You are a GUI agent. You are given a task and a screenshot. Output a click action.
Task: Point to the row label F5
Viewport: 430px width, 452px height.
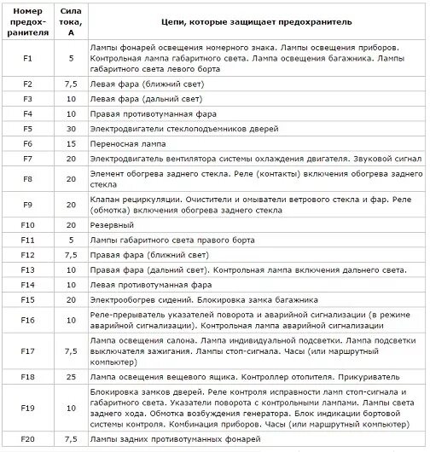27,129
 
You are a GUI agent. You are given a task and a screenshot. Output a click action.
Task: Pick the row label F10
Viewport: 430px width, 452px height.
27,225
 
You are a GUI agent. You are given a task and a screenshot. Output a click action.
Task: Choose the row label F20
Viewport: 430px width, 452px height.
27,439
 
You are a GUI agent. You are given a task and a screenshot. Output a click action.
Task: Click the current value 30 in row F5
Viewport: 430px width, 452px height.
70,129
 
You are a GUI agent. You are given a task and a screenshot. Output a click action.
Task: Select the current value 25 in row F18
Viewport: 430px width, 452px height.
70,376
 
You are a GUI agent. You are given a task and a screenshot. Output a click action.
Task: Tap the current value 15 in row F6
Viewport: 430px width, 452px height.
70,144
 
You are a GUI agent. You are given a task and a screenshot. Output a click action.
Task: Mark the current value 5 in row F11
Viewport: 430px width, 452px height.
70,240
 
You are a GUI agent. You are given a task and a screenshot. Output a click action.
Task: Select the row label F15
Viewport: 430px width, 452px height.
27,299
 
